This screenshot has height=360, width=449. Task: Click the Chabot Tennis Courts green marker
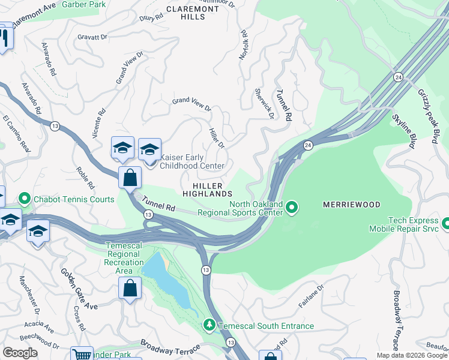25,197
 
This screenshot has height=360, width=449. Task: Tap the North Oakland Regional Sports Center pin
292,208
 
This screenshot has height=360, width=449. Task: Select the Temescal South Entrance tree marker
209,326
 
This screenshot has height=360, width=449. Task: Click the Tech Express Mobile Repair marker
445,224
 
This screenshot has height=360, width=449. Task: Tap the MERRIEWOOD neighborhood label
351,205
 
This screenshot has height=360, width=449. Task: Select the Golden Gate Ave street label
78,289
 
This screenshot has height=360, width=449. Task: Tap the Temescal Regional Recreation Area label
124,258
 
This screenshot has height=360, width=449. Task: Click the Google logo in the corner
20,353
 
